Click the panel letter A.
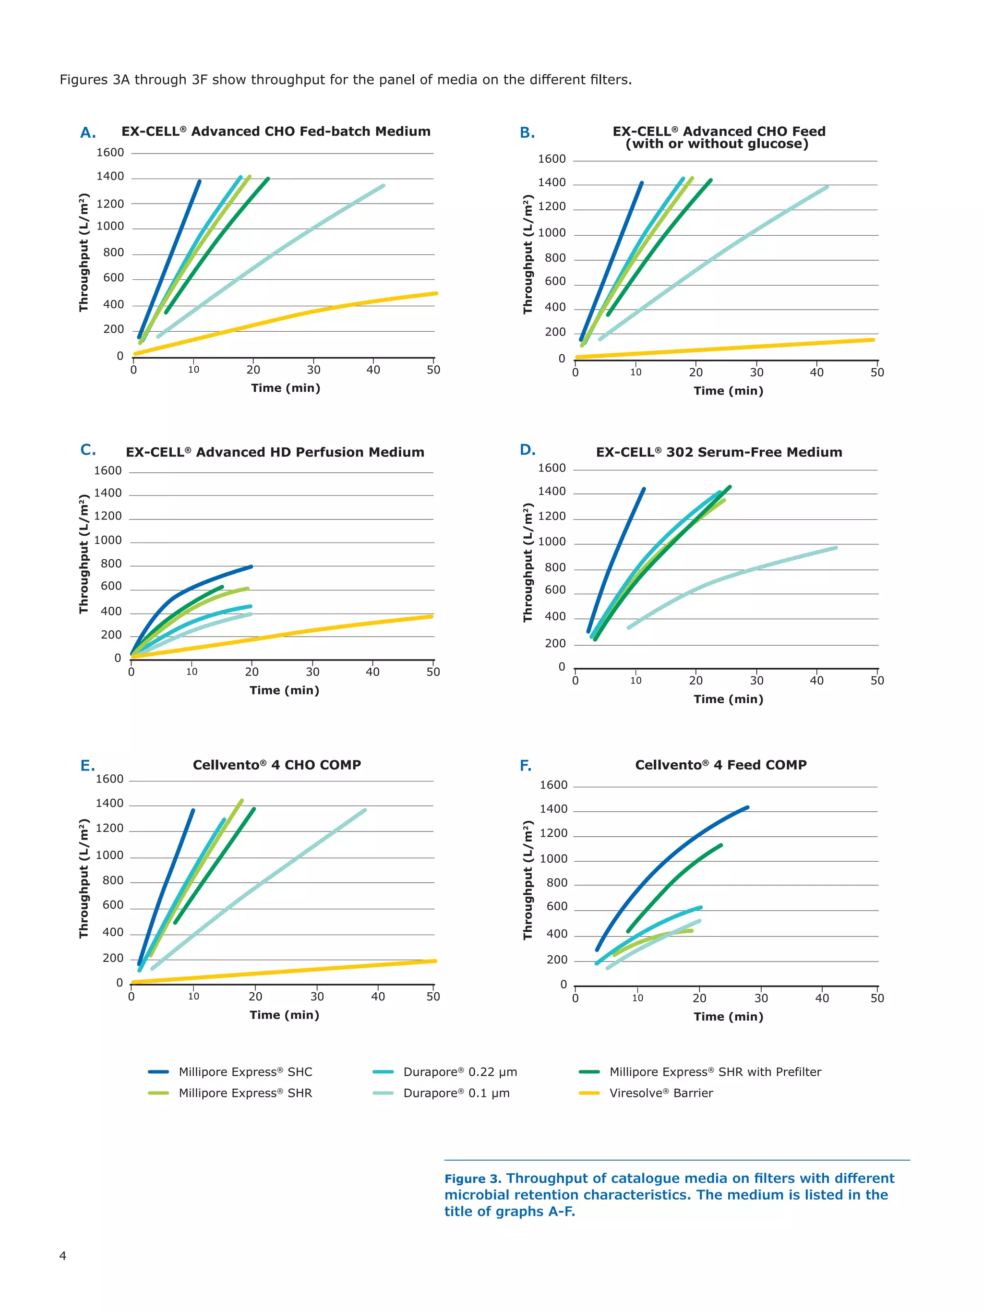(x=88, y=133)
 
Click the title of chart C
(x=275, y=452)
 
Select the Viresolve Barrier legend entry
(x=660, y=1093)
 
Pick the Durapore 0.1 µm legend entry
(x=456, y=1093)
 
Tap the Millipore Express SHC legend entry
(x=245, y=1071)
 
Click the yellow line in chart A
(x=285, y=320)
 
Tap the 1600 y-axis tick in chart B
(x=551, y=159)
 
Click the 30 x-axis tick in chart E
(x=317, y=996)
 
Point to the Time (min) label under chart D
(x=728, y=699)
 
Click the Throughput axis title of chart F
(x=527, y=879)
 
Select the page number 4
(x=63, y=1255)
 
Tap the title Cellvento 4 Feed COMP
(x=720, y=765)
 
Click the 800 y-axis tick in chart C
(x=111, y=564)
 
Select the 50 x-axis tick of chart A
(x=433, y=370)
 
